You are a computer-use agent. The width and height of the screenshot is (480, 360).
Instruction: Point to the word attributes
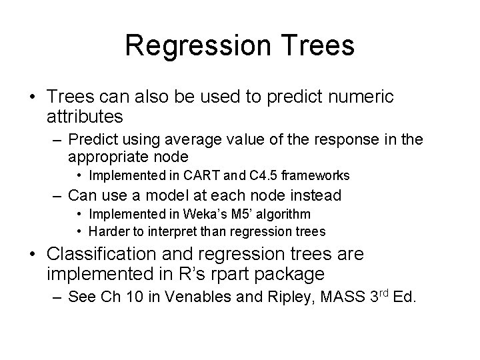point(85,117)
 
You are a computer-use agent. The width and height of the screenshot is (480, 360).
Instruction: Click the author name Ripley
point(285,297)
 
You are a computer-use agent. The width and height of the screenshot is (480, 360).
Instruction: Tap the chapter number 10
point(137,297)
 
